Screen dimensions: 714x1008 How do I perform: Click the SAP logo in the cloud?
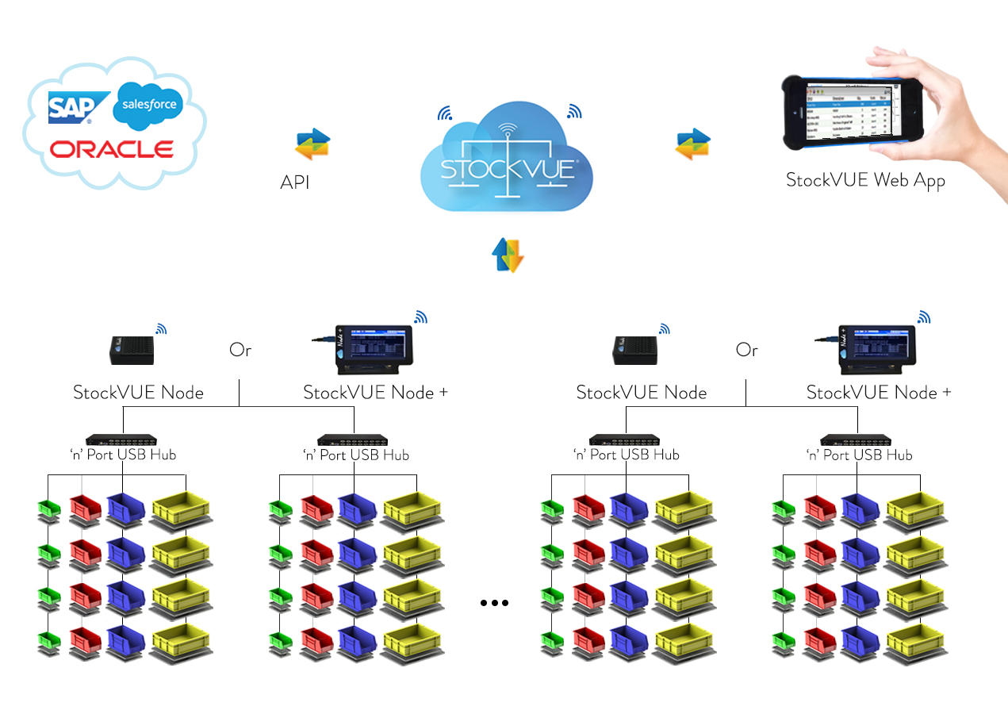[x=70, y=106]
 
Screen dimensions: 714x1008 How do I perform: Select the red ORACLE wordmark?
[x=111, y=149]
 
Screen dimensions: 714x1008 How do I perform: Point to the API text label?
[x=295, y=182]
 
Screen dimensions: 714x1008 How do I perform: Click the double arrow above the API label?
[x=312, y=144]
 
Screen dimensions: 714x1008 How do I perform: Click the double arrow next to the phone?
[x=692, y=144]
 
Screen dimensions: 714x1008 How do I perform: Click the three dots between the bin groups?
[x=494, y=603]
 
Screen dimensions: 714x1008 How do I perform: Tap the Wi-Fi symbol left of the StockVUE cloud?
[x=444, y=113]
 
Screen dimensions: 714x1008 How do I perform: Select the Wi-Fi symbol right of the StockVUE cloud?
[x=574, y=112]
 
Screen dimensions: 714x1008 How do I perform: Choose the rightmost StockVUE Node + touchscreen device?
[x=872, y=349]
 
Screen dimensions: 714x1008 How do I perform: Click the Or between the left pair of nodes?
[x=240, y=350]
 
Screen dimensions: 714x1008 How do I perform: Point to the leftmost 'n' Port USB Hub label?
[x=122, y=455]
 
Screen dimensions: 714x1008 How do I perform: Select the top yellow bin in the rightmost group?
[x=914, y=508]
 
